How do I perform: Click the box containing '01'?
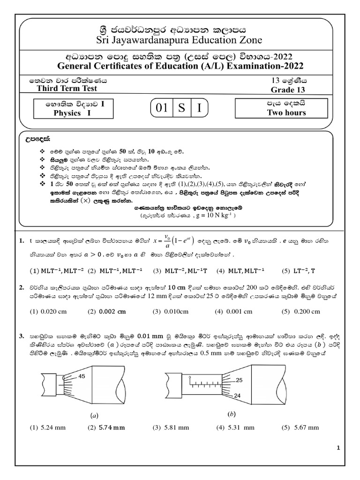pos(162,109)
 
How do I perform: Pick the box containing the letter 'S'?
pos(181,109)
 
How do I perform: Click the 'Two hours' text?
pos(286,112)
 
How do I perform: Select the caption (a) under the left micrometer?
pos(94,415)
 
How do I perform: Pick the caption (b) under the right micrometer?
pos(231,414)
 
